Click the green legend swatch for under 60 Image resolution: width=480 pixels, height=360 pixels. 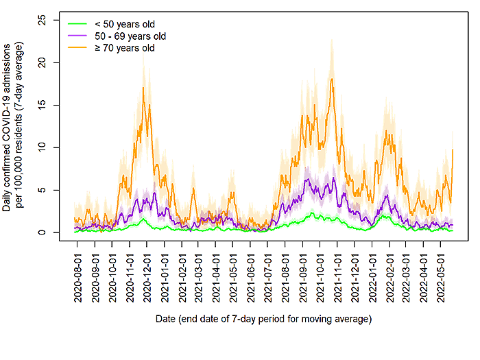(x=75, y=23)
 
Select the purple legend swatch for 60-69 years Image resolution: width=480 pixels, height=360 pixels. (x=75, y=34)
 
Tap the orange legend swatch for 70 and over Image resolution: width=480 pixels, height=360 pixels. (x=75, y=47)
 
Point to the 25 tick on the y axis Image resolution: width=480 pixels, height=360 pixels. (x=43, y=20)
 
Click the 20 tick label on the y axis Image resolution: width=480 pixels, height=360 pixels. (x=43, y=62)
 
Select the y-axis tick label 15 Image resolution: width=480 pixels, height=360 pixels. (x=43, y=104)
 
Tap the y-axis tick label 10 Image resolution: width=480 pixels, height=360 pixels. (x=43, y=147)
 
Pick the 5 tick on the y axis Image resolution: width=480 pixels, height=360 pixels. (x=43, y=190)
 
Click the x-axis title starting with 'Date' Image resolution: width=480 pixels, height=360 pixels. (x=263, y=319)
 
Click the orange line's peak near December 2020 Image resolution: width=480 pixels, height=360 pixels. (x=145, y=88)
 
